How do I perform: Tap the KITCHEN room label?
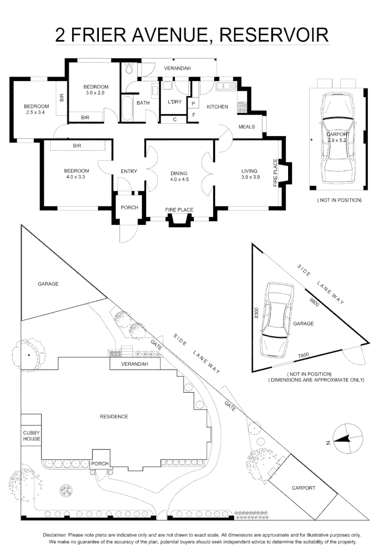click(x=217, y=107)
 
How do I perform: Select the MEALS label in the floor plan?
click(x=247, y=127)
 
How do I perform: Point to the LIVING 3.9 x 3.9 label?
click(x=249, y=174)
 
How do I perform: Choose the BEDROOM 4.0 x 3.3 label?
click(x=77, y=174)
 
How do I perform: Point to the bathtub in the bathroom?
click(x=126, y=108)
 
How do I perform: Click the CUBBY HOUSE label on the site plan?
click(x=31, y=436)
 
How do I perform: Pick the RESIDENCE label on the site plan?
click(x=114, y=417)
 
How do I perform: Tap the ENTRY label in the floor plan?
click(x=129, y=172)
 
